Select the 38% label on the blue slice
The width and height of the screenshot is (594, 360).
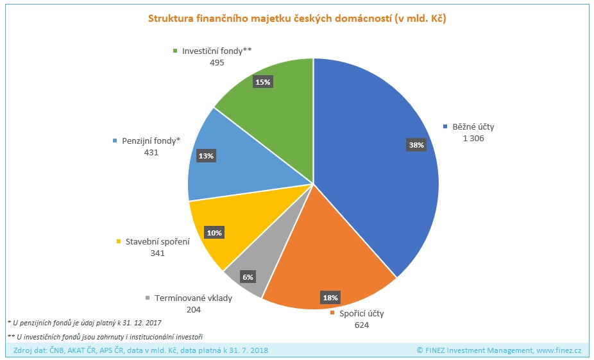(416, 145)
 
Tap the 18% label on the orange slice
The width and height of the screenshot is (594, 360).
(330, 298)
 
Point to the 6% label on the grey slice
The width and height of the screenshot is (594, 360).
(248, 277)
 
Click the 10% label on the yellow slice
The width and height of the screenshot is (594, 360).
(214, 233)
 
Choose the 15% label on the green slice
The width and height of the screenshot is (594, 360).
(263, 81)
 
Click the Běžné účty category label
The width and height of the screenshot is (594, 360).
(473, 127)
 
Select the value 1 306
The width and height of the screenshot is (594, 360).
(473, 139)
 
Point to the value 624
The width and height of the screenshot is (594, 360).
(362, 325)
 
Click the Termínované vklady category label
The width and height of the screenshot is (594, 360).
(192, 298)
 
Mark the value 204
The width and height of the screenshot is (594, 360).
(192, 309)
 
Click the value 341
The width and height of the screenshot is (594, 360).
(157, 253)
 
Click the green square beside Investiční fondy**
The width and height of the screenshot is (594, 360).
(176, 51)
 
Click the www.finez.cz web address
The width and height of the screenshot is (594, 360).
(559, 350)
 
